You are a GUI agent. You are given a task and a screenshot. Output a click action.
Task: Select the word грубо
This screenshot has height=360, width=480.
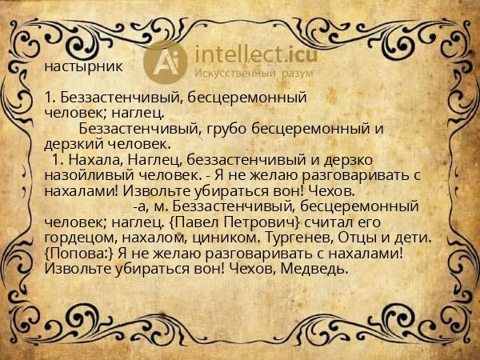tap(228, 128)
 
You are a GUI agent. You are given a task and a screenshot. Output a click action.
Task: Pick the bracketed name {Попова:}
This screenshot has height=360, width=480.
tap(79, 254)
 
